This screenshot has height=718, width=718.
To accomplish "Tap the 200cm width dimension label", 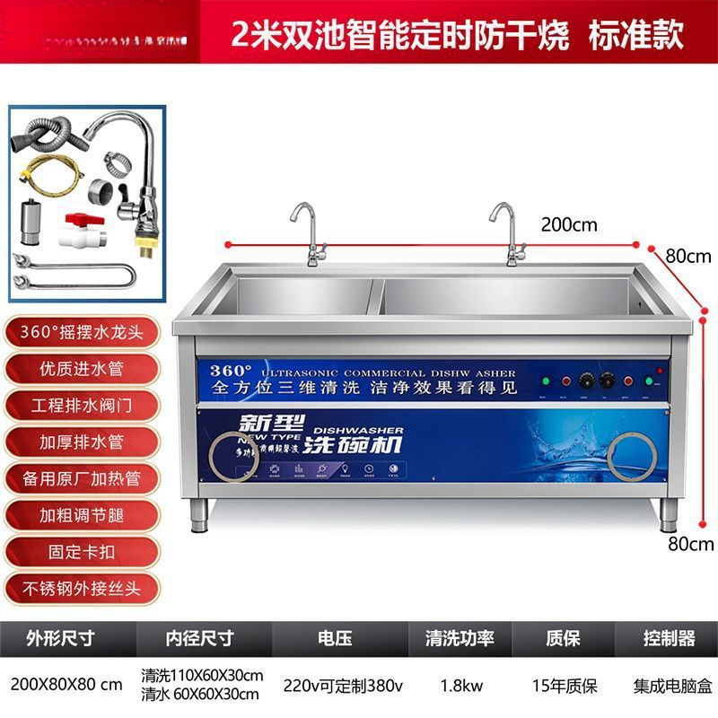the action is click(568, 224).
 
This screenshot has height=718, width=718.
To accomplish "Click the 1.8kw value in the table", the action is click(461, 686).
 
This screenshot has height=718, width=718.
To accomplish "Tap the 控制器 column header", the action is click(669, 638).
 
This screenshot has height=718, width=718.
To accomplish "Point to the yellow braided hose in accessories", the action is click(48, 177).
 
